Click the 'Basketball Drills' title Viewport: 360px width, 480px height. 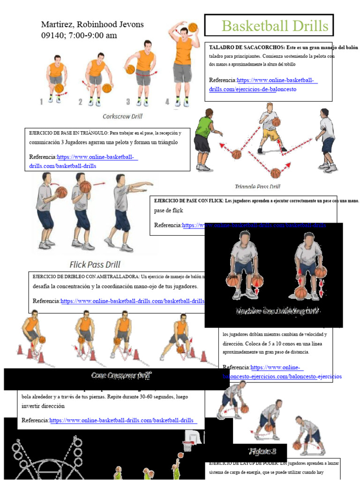pyautogui.click(x=275, y=25)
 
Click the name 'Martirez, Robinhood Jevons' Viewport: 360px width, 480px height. pyautogui.click(x=92, y=24)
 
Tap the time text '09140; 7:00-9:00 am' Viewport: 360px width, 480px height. pyautogui.click(x=79, y=36)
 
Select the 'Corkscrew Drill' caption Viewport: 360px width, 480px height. pyautogui.click(x=122, y=116)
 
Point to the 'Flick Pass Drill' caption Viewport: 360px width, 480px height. pyautogui.click(x=95, y=264)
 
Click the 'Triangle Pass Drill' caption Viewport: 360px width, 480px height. pyautogui.click(x=257, y=187)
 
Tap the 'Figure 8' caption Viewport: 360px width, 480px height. pyautogui.click(x=262, y=451)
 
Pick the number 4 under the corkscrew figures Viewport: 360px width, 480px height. pyautogui.click(x=167, y=101)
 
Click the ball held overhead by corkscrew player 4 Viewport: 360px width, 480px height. pyautogui.click(x=193, y=28)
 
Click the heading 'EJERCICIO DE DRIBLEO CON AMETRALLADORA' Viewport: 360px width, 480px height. pyautogui.click(x=84, y=276)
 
